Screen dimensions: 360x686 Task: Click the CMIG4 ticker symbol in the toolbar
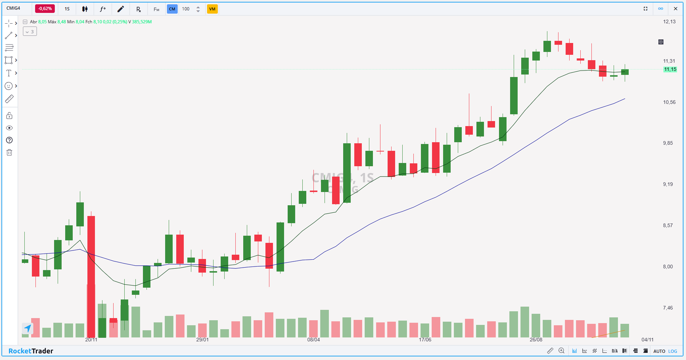pyautogui.click(x=13, y=8)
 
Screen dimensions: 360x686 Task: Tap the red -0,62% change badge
pyautogui.click(x=45, y=9)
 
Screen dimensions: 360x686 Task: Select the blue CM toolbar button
pyautogui.click(x=172, y=9)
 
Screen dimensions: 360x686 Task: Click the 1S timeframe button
pyautogui.click(x=67, y=9)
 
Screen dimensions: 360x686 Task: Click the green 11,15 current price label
pyautogui.click(x=670, y=69)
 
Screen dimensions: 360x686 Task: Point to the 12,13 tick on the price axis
pyautogui.click(x=669, y=21)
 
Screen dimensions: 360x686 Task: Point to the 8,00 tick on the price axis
pyautogui.click(x=668, y=267)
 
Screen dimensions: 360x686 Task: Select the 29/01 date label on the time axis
pyautogui.click(x=202, y=340)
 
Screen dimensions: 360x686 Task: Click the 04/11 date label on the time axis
pyautogui.click(x=647, y=340)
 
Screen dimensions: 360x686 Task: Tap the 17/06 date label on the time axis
pyautogui.click(x=425, y=340)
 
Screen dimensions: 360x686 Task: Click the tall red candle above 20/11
pyautogui.click(x=91, y=272)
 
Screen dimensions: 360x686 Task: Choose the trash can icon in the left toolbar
pyautogui.click(x=9, y=153)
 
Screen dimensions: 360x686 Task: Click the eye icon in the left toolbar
pyautogui.click(x=9, y=128)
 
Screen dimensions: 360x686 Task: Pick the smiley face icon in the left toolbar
pyautogui.click(x=9, y=86)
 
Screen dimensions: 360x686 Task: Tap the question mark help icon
pyautogui.click(x=9, y=140)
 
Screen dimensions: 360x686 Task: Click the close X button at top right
pyautogui.click(x=676, y=9)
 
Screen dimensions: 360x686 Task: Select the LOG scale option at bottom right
pyautogui.click(x=673, y=351)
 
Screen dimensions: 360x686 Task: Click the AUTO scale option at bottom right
pyautogui.click(x=659, y=351)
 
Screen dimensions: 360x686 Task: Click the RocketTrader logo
pyautogui.click(x=31, y=351)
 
